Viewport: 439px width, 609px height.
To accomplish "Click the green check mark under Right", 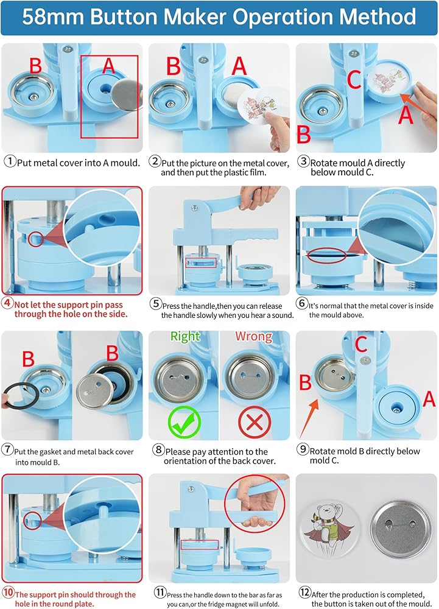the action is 184,421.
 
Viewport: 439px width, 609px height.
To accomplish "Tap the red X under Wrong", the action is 255,422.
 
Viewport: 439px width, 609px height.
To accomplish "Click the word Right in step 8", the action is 185,337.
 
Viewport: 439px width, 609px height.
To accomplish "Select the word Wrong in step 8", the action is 253,336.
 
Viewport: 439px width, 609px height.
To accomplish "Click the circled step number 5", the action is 156,303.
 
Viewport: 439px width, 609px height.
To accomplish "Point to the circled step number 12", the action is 304,592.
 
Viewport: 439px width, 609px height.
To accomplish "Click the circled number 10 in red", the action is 8,593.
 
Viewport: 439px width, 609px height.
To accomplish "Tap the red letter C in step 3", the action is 354,79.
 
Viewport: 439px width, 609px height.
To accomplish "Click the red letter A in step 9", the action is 429,399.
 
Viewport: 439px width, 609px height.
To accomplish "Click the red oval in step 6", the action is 326,256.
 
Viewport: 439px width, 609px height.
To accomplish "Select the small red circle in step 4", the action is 36,239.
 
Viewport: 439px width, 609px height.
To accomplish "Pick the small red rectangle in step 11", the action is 200,544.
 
